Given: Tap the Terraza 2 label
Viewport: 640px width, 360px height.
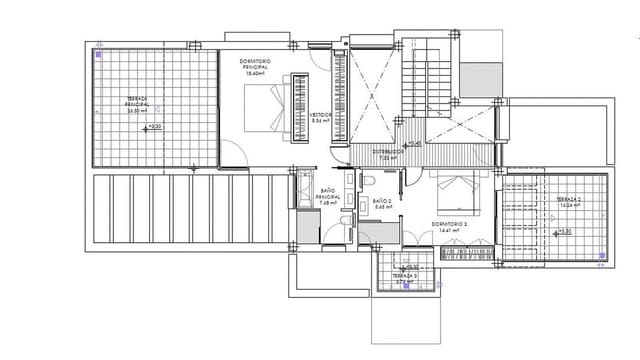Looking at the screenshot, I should tap(568, 203).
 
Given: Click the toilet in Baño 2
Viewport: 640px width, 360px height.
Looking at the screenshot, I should tap(368, 181).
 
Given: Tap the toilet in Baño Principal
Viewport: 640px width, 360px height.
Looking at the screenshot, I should tap(343, 222).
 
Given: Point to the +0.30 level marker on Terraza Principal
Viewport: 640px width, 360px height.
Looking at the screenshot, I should tap(153, 127).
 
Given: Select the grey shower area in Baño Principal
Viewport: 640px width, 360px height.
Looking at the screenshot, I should tap(307, 228).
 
